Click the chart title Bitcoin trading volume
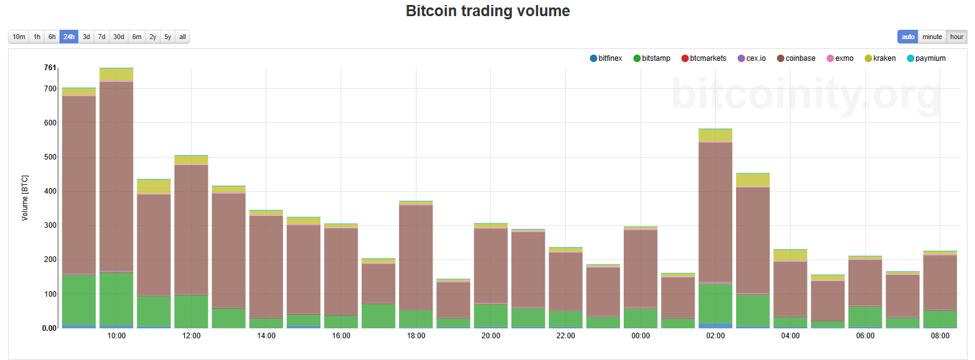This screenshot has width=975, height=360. (x=487, y=11)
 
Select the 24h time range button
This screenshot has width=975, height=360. (x=69, y=37)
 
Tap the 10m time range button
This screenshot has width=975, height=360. (x=19, y=37)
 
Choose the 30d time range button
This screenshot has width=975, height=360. (x=119, y=37)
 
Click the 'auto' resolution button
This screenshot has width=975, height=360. (x=908, y=37)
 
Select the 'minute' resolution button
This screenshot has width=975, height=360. (x=932, y=37)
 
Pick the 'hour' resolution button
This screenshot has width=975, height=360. (x=956, y=37)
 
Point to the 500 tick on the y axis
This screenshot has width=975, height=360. (x=50, y=157)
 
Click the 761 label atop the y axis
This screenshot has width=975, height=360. (x=50, y=68)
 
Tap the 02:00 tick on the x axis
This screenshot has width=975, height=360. (x=715, y=336)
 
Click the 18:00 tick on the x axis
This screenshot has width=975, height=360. (x=416, y=336)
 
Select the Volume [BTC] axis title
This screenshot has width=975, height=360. (x=25, y=197)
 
